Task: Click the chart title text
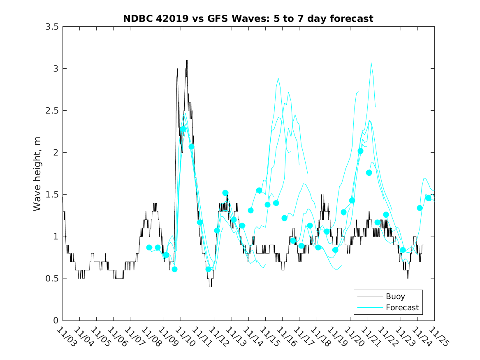(x=248, y=19)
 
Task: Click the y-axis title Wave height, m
(x=37, y=173)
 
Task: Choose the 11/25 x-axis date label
(x=438, y=337)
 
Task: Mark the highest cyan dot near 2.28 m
(x=183, y=129)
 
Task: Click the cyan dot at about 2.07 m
(x=191, y=146)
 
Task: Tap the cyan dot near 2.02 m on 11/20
(x=360, y=151)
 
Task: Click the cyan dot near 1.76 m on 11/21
(x=369, y=173)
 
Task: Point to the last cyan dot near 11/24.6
(x=428, y=198)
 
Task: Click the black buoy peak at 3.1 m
(x=186, y=60)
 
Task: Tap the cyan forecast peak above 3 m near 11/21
(x=371, y=63)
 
